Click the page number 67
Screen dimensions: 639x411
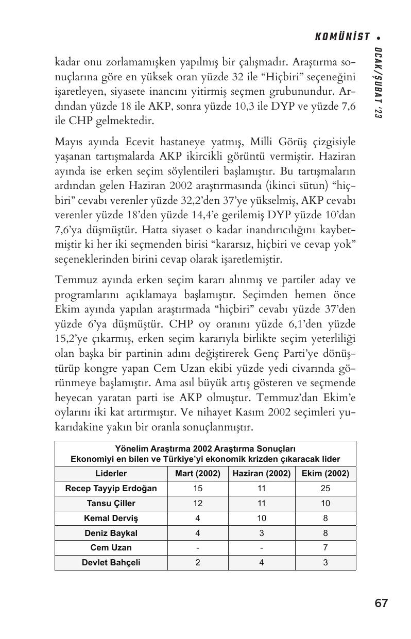pyautogui.click(x=381, y=603)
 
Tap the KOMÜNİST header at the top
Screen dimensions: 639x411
pyautogui.click(x=342, y=37)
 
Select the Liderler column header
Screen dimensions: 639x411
pyautogui.click(x=111, y=473)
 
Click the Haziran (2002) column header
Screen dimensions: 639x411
pyautogui.click(x=261, y=473)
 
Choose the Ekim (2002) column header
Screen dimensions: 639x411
pyautogui.click(x=325, y=473)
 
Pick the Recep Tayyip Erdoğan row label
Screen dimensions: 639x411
pyautogui.click(x=111, y=488)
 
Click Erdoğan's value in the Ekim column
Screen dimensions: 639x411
pyautogui.click(x=325, y=488)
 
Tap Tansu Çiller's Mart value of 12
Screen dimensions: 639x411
pyautogui.click(x=198, y=503)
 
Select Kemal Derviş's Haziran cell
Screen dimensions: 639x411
pyautogui.click(x=261, y=518)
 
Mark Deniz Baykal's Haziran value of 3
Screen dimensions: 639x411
pyautogui.click(x=261, y=533)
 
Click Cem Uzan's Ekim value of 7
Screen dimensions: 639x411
pyautogui.click(x=325, y=547)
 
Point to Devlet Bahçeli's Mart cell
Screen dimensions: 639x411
pyautogui.click(x=198, y=562)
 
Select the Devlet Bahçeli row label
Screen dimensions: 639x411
pyautogui.click(x=111, y=562)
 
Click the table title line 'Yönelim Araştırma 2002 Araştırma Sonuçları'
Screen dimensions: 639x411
pyautogui.click(x=205, y=448)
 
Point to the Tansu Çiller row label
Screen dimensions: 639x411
pyautogui.click(x=111, y=503)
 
